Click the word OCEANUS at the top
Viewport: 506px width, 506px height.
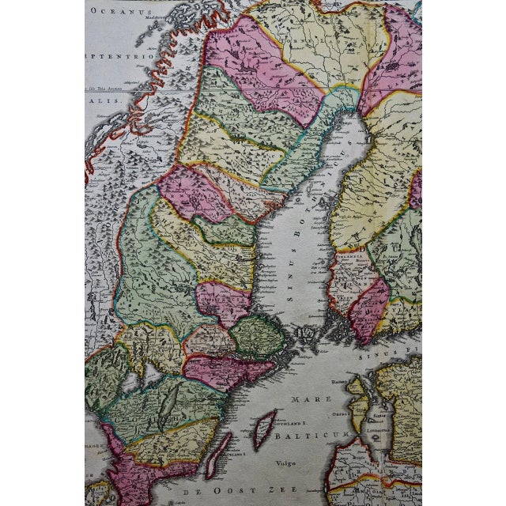[113, 11]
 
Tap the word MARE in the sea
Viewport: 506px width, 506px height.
[304, 400]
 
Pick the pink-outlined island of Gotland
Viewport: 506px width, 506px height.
[263, 429]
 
